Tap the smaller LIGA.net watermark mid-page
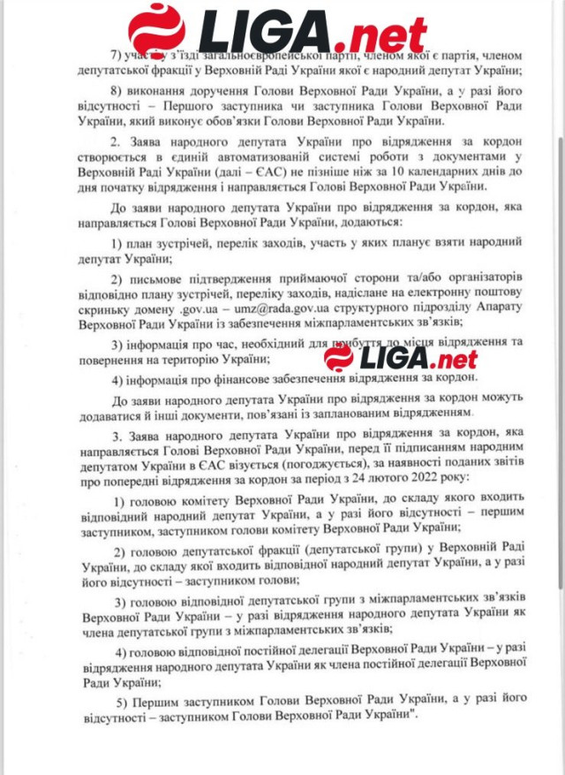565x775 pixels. coord(402,357)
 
